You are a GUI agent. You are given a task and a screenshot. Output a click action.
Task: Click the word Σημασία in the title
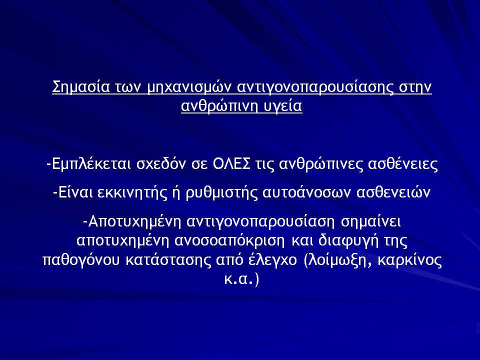pos(81,87)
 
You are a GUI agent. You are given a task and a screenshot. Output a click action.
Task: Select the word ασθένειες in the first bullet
pos(403,164)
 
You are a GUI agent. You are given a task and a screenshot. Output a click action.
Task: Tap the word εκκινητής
pos(132,193)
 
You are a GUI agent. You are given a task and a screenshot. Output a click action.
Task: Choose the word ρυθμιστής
pos(222,193)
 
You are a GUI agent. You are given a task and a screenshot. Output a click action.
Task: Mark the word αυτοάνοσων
pos(306,192)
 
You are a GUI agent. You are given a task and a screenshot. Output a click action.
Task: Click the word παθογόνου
pos(81,260)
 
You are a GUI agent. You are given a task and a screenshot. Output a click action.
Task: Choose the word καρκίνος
pos(410,260)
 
